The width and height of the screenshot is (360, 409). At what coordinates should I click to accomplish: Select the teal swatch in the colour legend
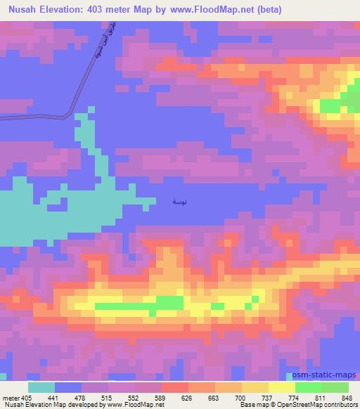pyautogui.click(x=41, y=387)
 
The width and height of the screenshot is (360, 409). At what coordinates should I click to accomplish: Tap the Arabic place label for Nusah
pyautogui.click(x=180, y=202)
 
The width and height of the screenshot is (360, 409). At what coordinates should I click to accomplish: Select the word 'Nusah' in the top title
pyautogui.click(x=22, y=9)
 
